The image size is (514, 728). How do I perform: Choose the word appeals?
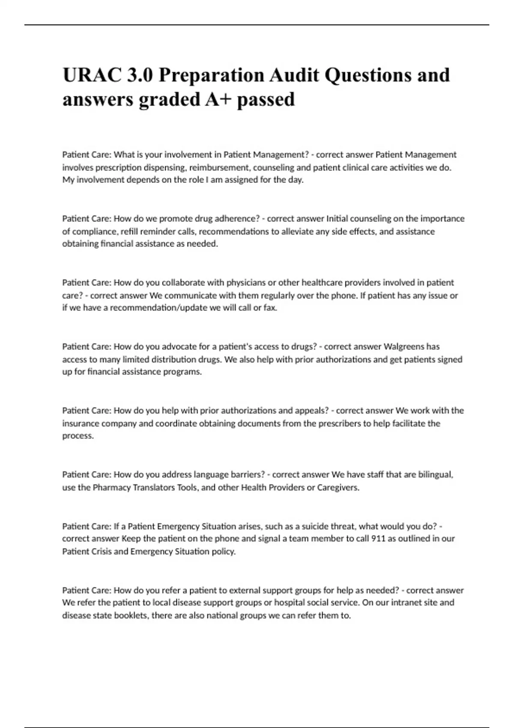click(311, 411)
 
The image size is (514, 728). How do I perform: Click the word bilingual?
click(435, 474)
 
